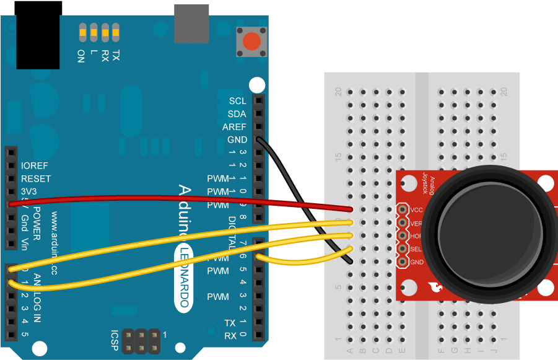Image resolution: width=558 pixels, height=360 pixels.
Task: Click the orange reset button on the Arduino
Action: tap(251, 42)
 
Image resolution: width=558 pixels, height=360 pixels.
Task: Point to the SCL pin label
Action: tap(237, 101)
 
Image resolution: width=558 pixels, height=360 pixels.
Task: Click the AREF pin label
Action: tap(235, 127)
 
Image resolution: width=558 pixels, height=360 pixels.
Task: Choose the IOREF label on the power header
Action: tap(35, 166)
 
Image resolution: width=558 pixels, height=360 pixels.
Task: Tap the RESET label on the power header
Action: tap(36, 179)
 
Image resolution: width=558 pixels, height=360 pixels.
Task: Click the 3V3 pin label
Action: tap(29, 191)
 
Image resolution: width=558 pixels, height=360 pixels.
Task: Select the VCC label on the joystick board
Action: tap(417, 209)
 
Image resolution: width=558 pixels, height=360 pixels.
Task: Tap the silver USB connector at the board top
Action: tap(191, 24)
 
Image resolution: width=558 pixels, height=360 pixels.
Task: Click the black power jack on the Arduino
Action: tap(38, 37)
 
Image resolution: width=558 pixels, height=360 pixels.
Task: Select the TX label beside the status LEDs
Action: tap(116, 56)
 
